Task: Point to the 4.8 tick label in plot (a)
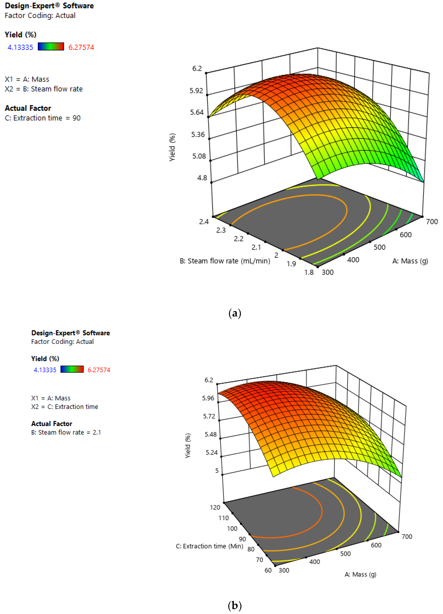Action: coord(202,178)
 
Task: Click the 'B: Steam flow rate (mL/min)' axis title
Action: coord(225,261)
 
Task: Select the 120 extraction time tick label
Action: coord(215,507)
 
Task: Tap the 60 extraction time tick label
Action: coord(268,570)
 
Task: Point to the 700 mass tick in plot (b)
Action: coord(407,537)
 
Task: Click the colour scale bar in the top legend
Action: coord(51,47)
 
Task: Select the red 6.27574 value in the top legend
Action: coord(81,47)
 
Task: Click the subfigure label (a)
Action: coord(235,313)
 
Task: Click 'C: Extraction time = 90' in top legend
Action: coord(43,118)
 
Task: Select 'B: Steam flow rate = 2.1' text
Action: coord(66,432)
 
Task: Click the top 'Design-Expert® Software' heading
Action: coord(49,6)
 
